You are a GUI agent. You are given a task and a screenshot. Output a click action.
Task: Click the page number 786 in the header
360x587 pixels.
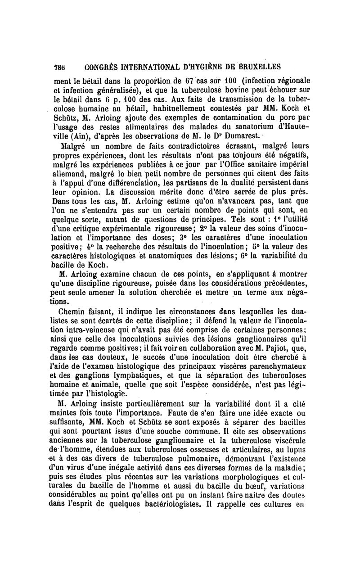tap(59, 67)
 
